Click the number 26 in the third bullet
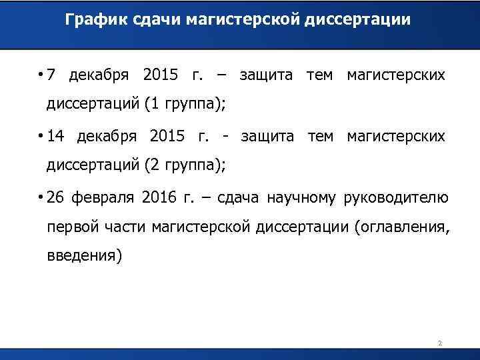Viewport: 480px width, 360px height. tap(56, 199)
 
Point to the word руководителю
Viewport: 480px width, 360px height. tap(396, 199)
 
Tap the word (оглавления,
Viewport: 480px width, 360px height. tap(403, 228)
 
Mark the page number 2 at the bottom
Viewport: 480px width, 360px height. tap(439, 343)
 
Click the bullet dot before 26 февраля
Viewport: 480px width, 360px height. tap(41, 199)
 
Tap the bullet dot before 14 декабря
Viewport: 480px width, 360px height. tap(41, 137)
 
